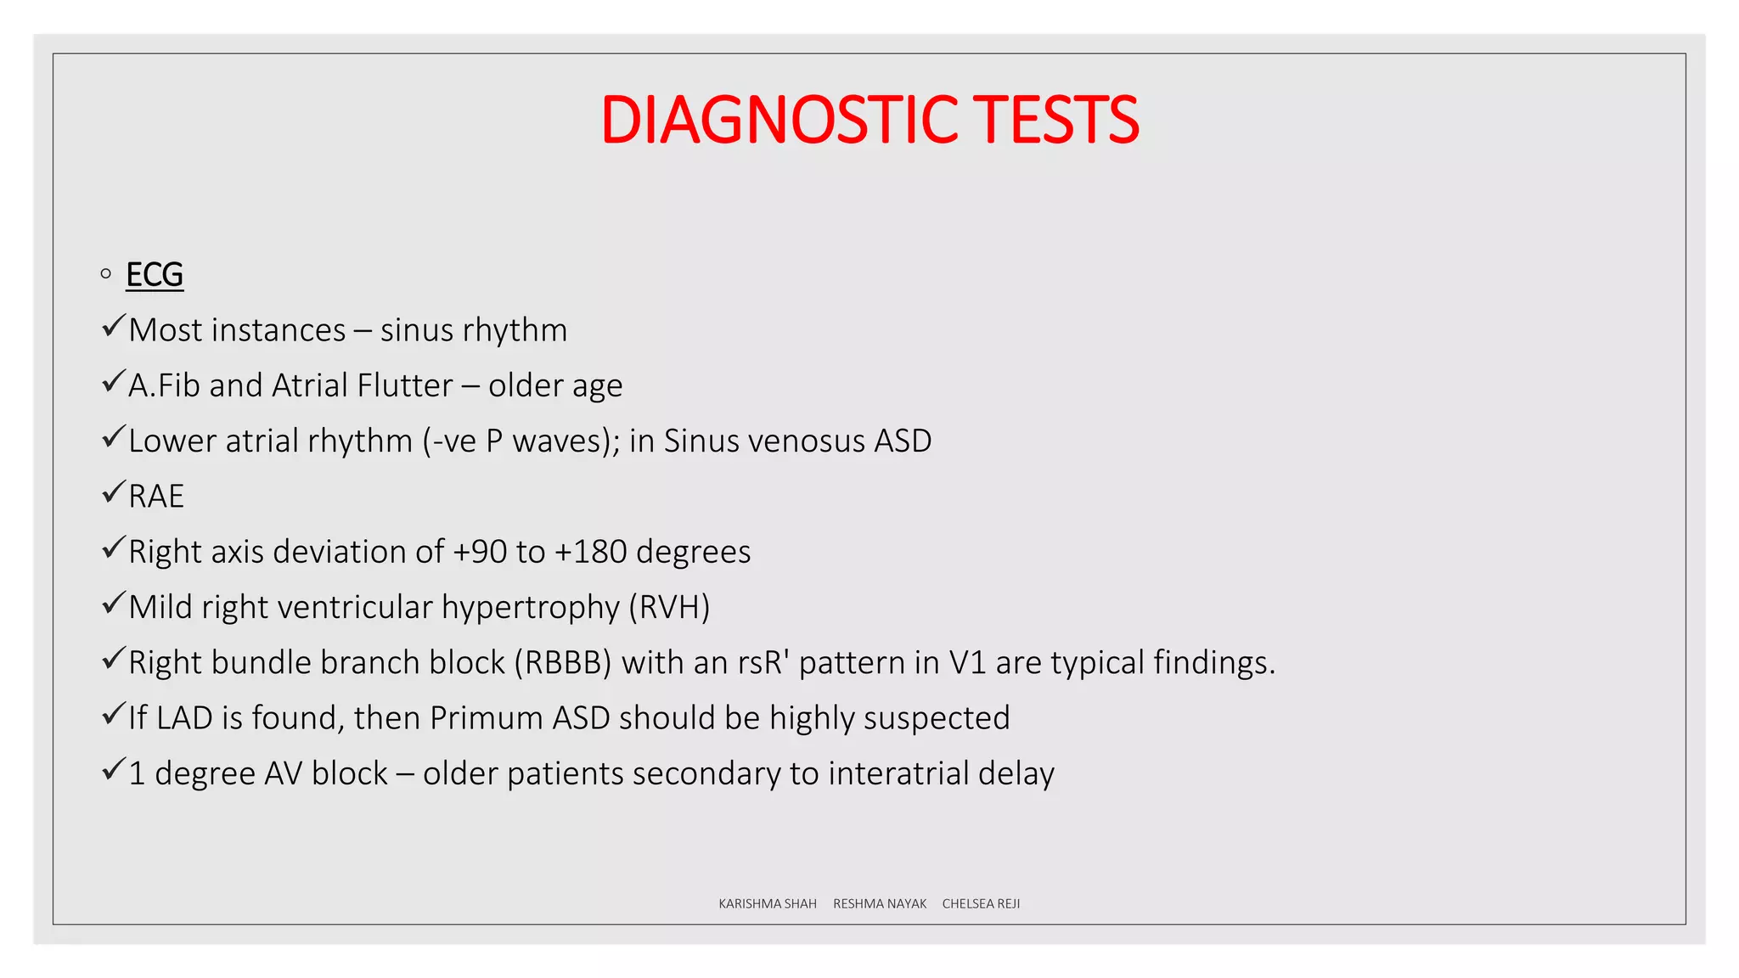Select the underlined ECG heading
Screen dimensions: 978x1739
point(155,274)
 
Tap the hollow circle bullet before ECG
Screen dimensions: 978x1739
point(106,273)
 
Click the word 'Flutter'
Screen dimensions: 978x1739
point(405,385)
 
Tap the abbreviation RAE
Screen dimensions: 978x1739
point(156,497)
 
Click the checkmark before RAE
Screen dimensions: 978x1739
point(113,492)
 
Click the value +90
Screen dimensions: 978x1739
point(480,552)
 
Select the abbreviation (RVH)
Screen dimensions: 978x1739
point(669,608)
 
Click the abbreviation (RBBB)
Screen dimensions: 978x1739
point(562,663)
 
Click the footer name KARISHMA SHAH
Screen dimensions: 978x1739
point(767,904)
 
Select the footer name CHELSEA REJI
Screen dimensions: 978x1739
point(981,904)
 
